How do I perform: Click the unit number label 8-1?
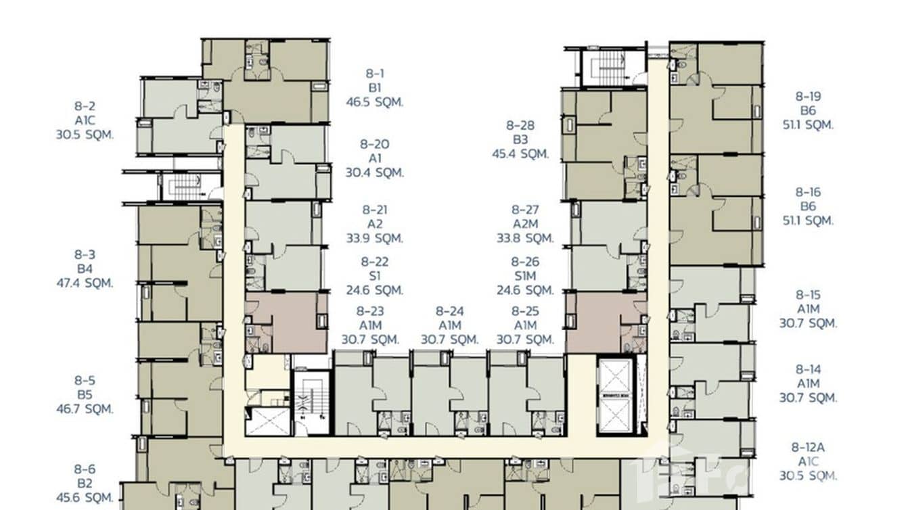click(374, 73)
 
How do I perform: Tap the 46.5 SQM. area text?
click(374, 102)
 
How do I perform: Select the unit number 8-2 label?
click(85, 106)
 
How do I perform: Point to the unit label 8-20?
click(374, 144)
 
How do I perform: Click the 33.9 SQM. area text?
click(374, 238)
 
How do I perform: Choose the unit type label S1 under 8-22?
click(374, 276)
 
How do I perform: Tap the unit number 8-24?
click(449, 311)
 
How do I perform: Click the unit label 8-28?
click(520, 125)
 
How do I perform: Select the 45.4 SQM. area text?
click(520, 154)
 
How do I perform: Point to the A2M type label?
click(525, 224)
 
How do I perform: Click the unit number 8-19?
click(808, 96)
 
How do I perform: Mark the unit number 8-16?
click(808, 192)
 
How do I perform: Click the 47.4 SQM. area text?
click(85, 283)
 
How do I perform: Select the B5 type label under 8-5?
click(85, 394)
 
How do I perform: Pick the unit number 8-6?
click(85, 469)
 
